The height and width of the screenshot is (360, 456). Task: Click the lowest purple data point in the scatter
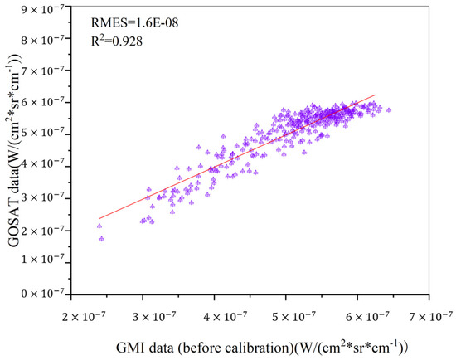click(x=101, y=239)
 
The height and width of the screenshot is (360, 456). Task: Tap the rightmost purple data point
click(x=389, y=109)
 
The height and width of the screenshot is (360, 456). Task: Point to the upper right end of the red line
click(x=376, y=95)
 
